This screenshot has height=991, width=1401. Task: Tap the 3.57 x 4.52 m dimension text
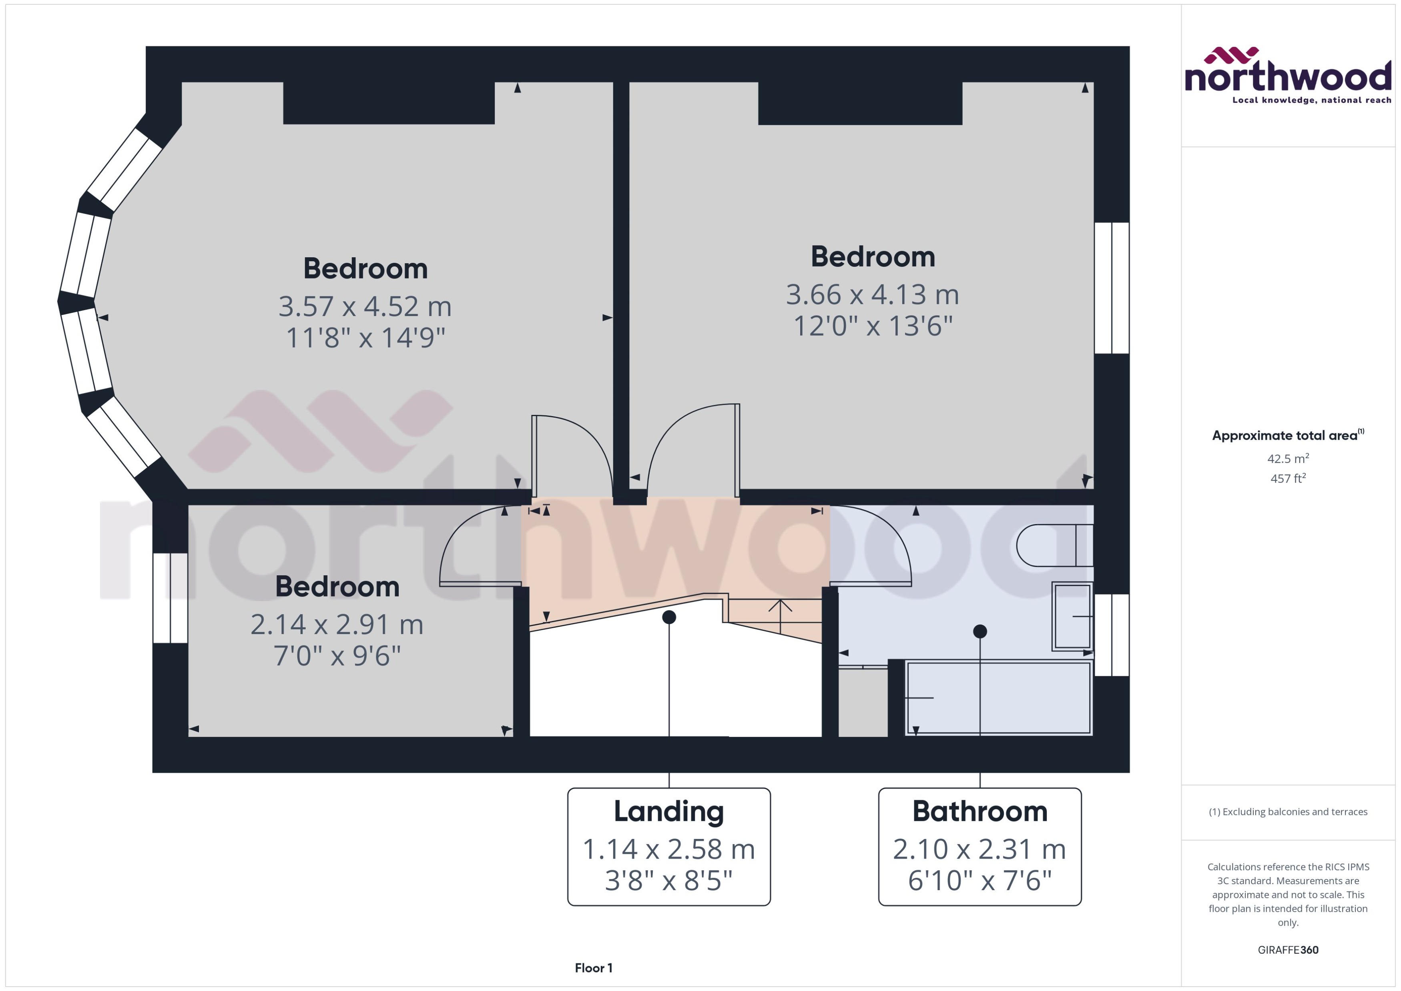(365, 306)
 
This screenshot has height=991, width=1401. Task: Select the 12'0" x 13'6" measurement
(872, 326)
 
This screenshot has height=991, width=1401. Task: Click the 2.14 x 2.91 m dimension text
(337, 624)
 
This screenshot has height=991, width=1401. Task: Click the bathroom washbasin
(1072, 616)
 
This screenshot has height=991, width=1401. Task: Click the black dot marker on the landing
(669, 617)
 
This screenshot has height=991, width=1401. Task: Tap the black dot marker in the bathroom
(980, 631)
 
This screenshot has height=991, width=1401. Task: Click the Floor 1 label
(593, 968)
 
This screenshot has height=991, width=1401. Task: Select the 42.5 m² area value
(1287, 458)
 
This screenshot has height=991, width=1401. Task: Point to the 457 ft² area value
(1287, 478)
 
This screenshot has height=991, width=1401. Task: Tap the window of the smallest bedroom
(170, 598)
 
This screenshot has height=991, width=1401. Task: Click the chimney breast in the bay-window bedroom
(388, 102)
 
